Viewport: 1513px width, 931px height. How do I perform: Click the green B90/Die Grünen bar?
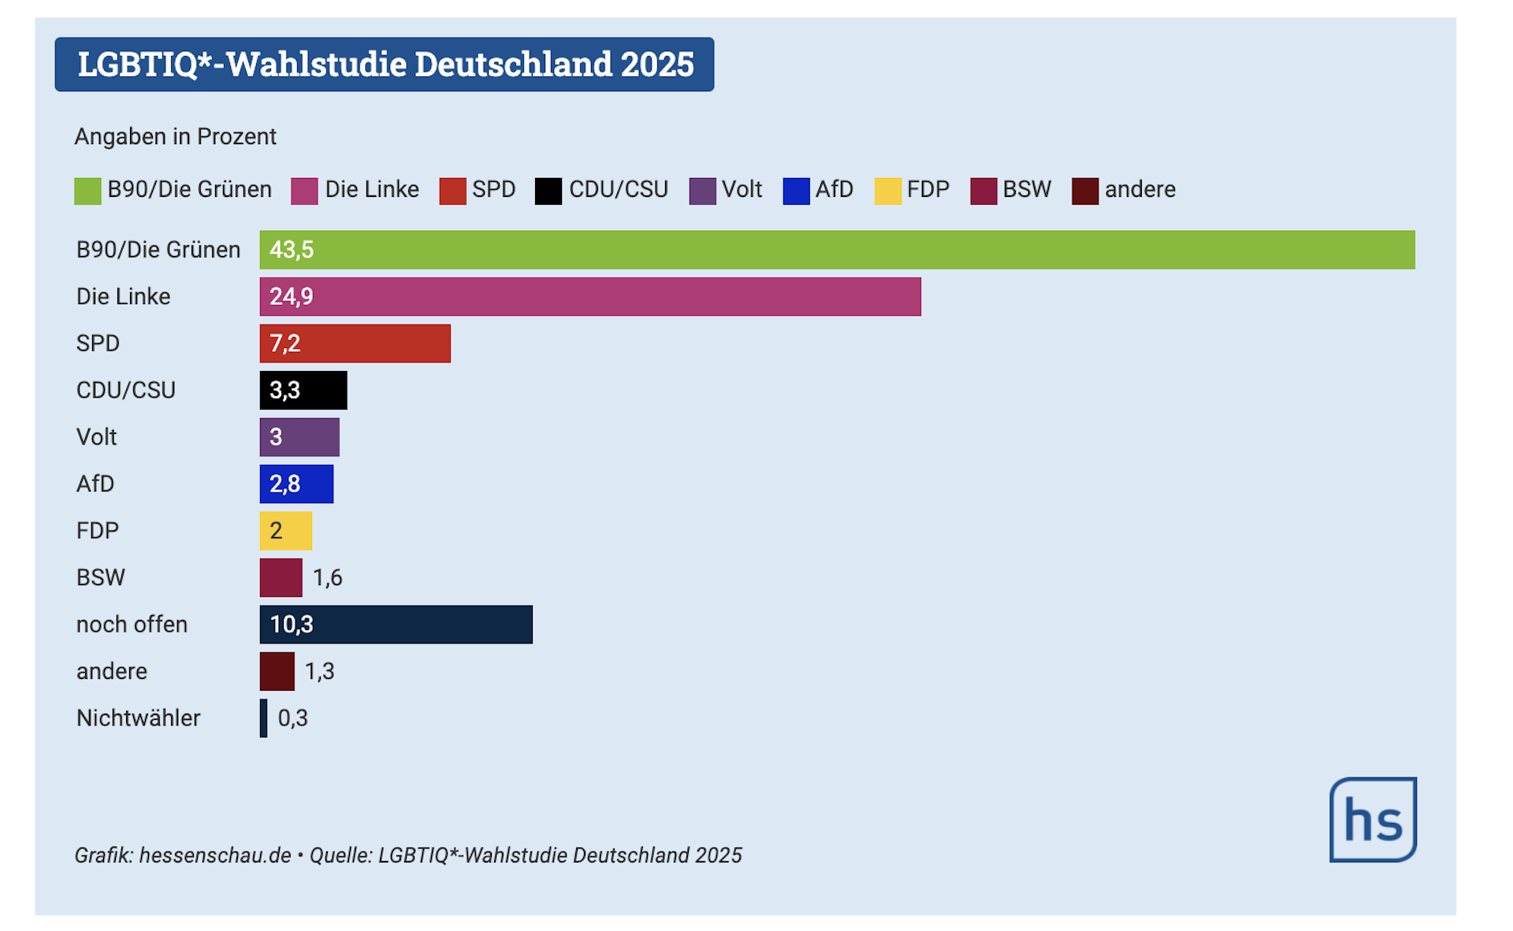point(837,250)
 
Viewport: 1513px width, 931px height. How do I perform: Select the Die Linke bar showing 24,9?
point(590,297)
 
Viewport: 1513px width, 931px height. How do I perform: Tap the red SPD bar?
point(355,343)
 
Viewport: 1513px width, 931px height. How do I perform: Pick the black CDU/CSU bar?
point(303,391)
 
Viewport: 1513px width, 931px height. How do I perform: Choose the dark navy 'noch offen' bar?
point(396,625)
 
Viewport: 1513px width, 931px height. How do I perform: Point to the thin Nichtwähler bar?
point(264,718)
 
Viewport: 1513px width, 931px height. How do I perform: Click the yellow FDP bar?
point(286,531)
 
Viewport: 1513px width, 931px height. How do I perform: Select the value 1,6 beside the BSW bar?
point(328,578)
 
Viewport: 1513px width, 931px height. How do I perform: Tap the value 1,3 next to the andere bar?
point(320,672)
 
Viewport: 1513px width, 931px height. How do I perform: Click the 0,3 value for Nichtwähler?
point(293,718)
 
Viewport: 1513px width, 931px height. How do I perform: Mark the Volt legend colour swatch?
point(702,191)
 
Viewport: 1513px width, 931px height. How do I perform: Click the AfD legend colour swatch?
point(796,191)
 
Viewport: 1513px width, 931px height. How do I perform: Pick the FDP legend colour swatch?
point(888,191)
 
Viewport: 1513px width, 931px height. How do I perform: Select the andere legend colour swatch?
point(1085,191)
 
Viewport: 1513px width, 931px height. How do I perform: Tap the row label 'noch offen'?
point(132,625)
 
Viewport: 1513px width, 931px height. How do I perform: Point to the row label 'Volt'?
point(96,437)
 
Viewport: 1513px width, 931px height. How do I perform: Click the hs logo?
point(1373,820)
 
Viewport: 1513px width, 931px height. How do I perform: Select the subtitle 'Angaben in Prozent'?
point(175,137)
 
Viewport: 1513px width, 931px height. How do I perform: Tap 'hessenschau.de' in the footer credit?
point(215,855)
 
